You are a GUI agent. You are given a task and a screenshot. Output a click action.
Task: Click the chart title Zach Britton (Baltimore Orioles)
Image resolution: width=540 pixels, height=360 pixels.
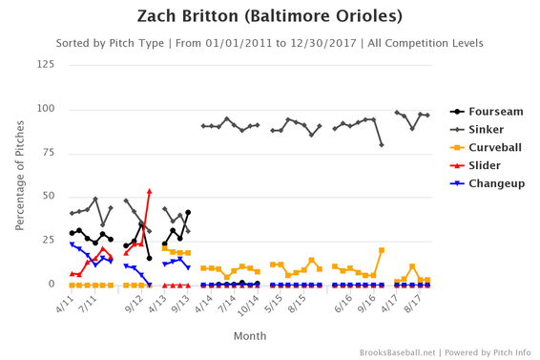pos(270,16)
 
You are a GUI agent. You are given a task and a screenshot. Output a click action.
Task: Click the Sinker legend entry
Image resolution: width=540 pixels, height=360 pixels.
pos(477,129)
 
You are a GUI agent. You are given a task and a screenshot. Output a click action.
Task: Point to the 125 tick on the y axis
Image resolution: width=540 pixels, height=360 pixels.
pos(45,64)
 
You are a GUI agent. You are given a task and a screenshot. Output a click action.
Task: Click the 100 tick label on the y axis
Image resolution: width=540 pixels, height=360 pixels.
pos(45,109)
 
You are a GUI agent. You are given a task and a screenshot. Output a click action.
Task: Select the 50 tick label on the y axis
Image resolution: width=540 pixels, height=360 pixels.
pos(48,197)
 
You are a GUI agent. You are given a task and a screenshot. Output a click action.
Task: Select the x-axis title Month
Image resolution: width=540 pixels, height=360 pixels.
pos(250,335)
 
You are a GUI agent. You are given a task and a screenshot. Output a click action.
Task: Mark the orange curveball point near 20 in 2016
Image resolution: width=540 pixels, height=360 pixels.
pos(382,250)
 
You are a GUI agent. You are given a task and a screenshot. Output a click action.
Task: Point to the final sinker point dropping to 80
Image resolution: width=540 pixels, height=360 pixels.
pos(382,144)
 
